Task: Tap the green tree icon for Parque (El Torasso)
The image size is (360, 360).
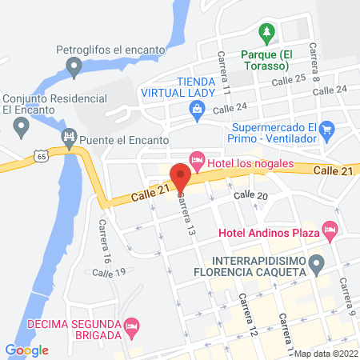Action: coord(267,34)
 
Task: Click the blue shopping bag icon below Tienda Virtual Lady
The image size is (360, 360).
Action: coord(198,117)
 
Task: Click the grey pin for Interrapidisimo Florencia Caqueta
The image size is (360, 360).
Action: coord(317,262)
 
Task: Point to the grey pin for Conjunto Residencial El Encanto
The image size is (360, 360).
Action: coord(22,126)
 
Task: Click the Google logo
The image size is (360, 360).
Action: coord(27,350)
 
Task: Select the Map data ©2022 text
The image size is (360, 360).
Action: coord(326,353)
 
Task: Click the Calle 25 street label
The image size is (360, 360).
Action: coord(289,80)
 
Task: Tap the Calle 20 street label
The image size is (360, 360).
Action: coord(250,195)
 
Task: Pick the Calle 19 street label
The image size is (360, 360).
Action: coord(109,273)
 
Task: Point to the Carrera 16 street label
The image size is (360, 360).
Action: coord(102,243)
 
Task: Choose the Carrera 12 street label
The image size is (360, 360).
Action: coord(247,314)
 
